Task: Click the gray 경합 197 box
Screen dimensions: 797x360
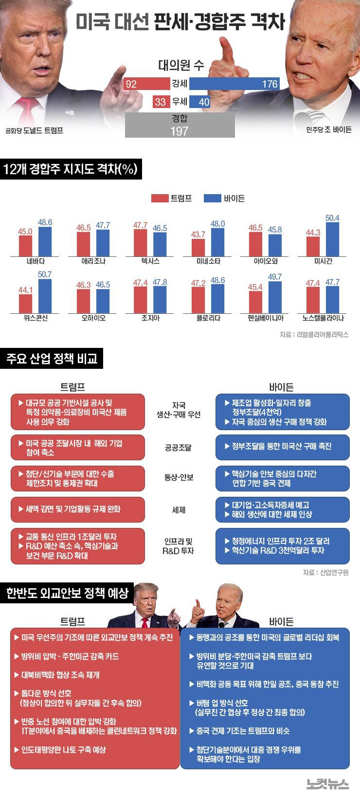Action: (x=180, y=125)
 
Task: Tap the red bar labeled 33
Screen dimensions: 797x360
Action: (x=161, y=102)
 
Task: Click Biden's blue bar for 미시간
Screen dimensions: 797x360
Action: (x=332, y=239)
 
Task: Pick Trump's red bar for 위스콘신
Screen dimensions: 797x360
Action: (x=25, y=304)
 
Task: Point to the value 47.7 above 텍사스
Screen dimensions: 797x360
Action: (x=140, y=225)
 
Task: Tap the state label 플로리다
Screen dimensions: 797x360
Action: (x=208, y=318)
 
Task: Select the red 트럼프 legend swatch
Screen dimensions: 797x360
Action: (x=160, y=198)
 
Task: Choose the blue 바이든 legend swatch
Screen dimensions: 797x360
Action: (x=212, y=198)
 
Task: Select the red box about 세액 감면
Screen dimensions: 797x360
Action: (x=78, y=509)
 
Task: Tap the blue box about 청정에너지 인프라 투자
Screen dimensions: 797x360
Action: (x=282, y=545)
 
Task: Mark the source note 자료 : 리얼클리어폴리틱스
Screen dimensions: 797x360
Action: (x=314, y=334)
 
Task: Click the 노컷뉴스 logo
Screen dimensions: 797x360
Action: (x=327, y=784)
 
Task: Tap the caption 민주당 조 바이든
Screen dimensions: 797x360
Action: (x=328, y=130)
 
